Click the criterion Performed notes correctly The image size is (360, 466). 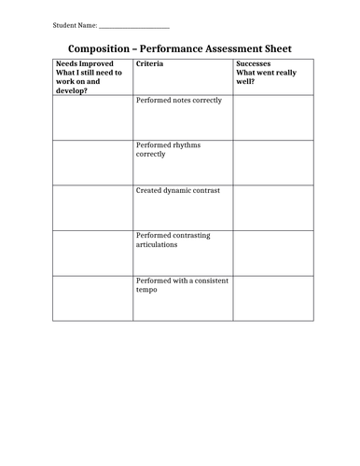(178, 100)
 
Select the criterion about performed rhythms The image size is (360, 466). (168, 149)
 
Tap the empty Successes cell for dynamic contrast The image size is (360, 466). (272, 208)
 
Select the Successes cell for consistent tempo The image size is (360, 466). (272, 298)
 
